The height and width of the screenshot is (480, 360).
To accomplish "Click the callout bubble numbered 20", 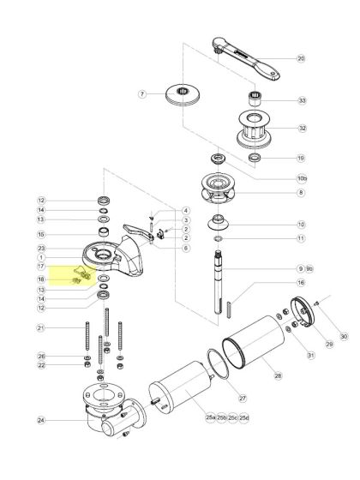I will coord(301,59).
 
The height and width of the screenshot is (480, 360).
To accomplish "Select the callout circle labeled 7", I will coord(143,93).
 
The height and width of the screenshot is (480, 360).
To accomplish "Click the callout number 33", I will coord(301,100).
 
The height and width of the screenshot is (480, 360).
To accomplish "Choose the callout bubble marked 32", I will coord(301,129).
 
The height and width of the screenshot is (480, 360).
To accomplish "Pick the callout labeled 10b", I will coord(301,178).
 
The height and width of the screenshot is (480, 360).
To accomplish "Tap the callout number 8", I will coord(301,194).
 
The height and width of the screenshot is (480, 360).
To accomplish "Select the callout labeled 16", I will coord(301,282).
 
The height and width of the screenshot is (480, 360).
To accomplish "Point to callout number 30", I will coord(344,337).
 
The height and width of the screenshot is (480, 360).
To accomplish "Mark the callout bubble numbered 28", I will coord(278,375).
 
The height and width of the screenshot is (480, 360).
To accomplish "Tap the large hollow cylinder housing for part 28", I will coord(254,346).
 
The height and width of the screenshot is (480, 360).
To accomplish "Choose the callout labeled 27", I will coord(243,398).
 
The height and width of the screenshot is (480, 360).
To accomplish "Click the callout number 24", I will coord(40,420).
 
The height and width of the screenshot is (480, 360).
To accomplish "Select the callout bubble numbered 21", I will coord(40,328).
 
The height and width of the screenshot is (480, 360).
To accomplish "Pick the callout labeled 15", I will coord(40,234).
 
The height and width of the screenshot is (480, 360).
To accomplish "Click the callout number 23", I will coord(40,249).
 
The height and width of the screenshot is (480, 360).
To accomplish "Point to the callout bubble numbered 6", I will coord(186,248).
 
